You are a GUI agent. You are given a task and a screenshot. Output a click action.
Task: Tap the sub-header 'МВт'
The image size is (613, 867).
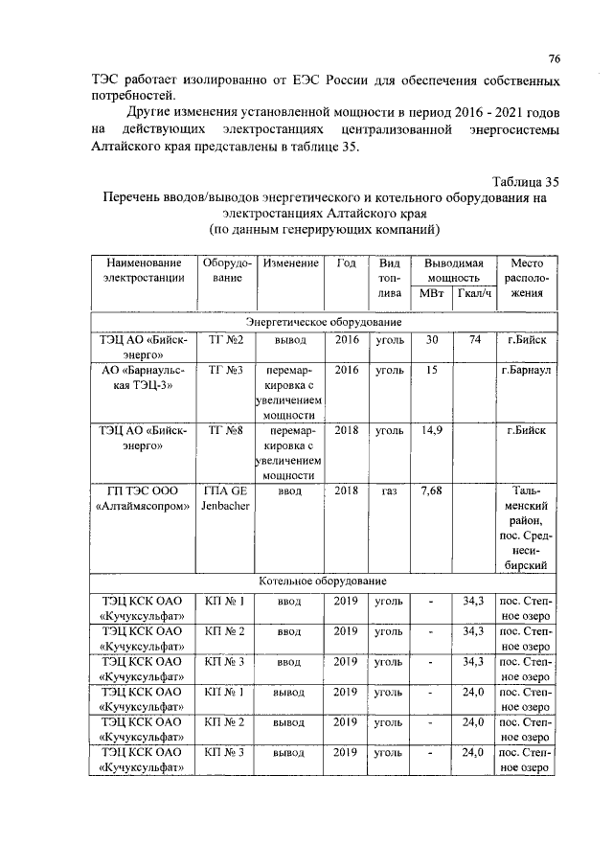(x=431, y=293)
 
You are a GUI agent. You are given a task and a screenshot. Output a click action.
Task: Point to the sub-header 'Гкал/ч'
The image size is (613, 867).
(x=474, y=293)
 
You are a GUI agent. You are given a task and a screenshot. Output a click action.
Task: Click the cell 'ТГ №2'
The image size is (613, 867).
(x=226, y=340)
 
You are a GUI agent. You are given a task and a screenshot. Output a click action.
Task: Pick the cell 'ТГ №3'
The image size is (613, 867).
(x=226, y=370)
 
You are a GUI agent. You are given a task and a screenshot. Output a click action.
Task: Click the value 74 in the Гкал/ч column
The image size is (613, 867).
(x=474, y=340)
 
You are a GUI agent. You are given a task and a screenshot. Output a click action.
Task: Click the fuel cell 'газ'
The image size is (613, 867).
(x=389, y=491)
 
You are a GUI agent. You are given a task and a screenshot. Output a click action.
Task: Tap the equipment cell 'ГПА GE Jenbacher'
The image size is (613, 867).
(x=226, y=499)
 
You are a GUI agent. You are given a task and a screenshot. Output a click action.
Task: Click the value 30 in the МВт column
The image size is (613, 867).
(x=431, y=340)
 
